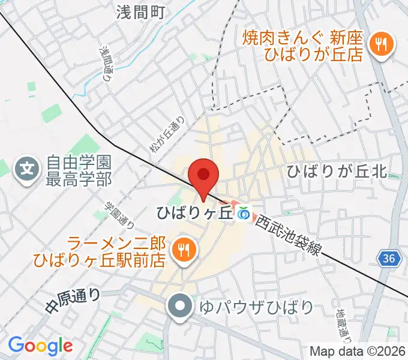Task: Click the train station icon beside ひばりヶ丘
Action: [243, 213]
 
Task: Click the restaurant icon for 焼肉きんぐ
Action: [381, 43]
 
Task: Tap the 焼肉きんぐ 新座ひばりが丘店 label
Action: [303, 46]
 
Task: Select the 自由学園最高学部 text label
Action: [79, 170]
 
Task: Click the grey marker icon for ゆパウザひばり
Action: [181, 308]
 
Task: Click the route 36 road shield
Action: [388, 258]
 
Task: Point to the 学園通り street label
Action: [112, 214]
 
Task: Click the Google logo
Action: [40, 346]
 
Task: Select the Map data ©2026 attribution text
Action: [358, 351]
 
